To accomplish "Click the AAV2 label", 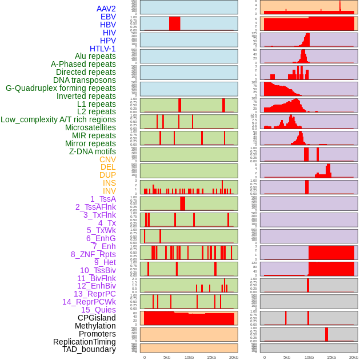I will click(x=106, y=9).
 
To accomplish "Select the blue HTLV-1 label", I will click(x=102, y=49).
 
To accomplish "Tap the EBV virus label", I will click(x=108, y=17).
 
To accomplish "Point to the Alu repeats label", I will click(x=95, y=56).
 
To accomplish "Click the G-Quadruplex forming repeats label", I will click(x=61, y=88).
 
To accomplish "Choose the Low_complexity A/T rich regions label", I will click(x=58, y=119).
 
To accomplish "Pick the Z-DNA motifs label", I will click(x=93, y=151).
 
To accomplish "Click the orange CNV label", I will click(x=107, y=159).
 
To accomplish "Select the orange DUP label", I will click(x=107, y=175).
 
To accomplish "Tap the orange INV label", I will click(x=109, y=191).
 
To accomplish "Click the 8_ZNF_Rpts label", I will click(x=93, y=254).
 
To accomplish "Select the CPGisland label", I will click(x=97, y=318).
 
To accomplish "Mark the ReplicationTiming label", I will click(x=84, y=342).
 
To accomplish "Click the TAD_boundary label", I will click(x=89, y=349).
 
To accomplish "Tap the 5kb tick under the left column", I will click(x=167, y=358).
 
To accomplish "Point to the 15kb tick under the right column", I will click(x=331, y=358).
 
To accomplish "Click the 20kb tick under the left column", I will click(x=234, y=358).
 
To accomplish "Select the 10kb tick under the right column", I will click(x=309, y=358).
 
